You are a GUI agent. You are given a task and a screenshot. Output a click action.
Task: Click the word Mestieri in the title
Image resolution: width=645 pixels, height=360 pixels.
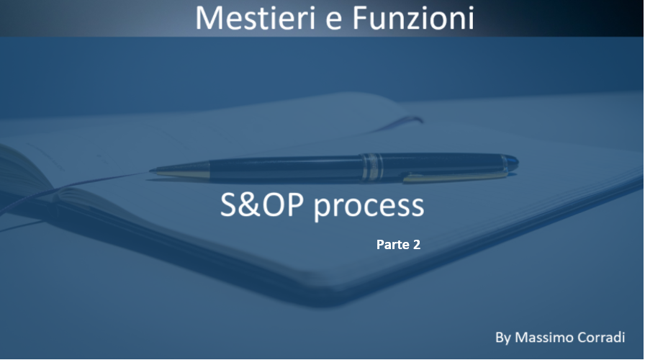coord(257,18)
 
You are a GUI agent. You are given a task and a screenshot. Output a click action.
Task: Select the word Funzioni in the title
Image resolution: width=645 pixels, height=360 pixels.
coord(413,18)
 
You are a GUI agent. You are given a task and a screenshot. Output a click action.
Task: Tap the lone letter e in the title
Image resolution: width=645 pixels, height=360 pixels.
coord(335,22)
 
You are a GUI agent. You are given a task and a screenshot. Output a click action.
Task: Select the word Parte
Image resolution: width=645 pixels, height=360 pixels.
coord(393,244)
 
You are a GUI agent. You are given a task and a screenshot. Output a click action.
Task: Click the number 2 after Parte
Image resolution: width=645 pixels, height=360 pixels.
coord(416,244)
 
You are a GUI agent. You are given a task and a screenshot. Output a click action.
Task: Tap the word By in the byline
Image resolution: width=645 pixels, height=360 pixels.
coord(503,338)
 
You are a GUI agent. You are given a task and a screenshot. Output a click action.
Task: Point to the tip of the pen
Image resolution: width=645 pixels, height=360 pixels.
coord(150,169)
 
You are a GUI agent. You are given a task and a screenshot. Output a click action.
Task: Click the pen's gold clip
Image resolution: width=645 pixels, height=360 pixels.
coord(454,177)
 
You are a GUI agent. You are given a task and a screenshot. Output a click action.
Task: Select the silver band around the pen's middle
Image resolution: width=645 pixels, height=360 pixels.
coord(372,167)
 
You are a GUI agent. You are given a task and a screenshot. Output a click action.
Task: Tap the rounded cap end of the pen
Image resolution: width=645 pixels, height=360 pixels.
coord(511,163)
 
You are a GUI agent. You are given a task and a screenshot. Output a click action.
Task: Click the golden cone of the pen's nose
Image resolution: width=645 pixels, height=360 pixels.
coord(181,170)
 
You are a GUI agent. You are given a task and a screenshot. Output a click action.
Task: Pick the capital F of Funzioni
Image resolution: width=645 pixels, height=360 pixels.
coord(361,18)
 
